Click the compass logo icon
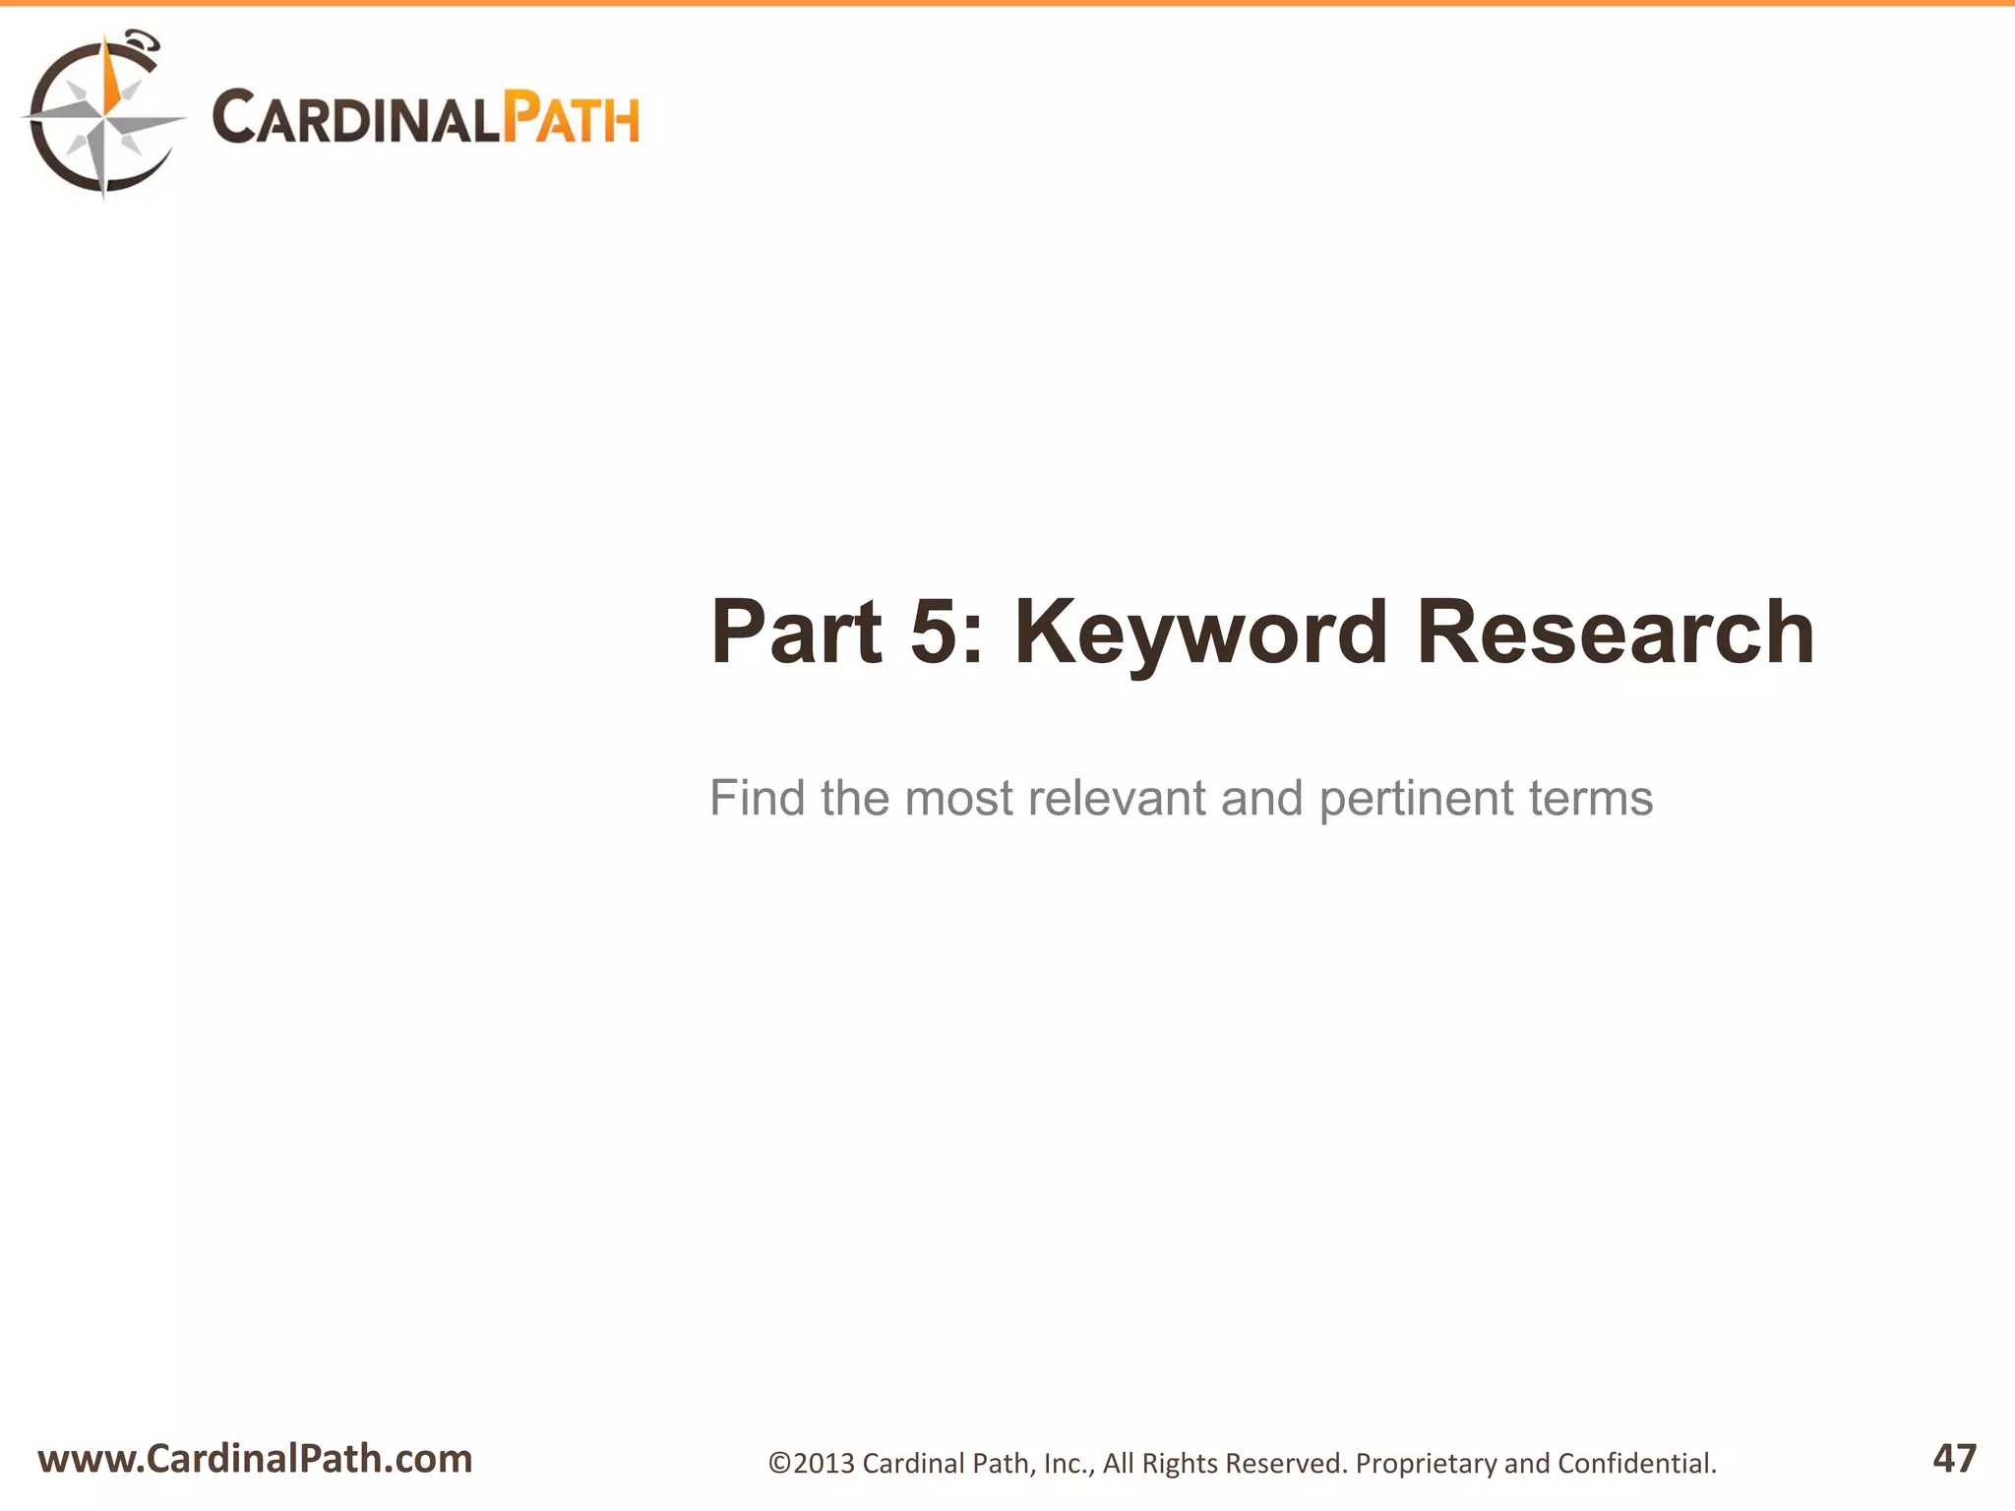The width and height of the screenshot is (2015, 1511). point(102,116)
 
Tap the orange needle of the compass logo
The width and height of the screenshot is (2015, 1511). point(111,79)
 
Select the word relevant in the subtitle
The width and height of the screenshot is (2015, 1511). point(1116,797)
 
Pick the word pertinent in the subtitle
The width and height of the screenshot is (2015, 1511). point(1415,799)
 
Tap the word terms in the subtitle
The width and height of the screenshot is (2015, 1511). point(1591,797)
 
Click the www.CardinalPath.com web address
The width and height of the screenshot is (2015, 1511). point(255,1458)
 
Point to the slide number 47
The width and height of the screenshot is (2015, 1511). point(1954,1458)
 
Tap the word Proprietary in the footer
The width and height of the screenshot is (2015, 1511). point(1426,1464)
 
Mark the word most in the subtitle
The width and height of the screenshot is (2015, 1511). point(958,797)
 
